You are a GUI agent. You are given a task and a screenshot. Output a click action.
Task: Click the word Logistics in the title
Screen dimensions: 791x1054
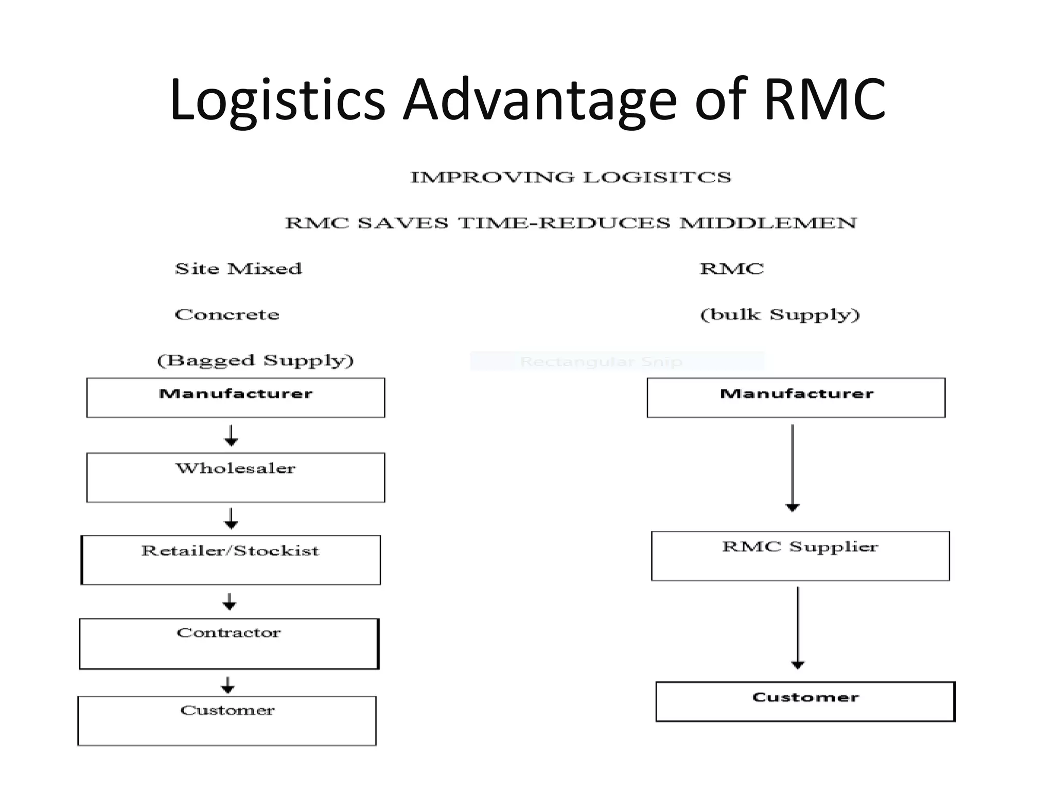point(277,100)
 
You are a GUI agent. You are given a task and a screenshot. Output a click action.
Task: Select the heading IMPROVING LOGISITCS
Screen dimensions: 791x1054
point(570,177)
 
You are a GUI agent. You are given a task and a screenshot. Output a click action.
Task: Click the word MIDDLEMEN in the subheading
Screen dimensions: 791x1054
point(768,223)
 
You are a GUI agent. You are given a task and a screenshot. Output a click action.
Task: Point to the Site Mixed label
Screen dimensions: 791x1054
point(238,269)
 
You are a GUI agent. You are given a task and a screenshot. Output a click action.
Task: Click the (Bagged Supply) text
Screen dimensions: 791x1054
point(255,360)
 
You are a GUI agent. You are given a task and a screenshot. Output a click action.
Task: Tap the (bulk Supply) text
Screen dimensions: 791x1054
point(779,314)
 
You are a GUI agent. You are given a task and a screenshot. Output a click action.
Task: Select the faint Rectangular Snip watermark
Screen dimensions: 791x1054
point(601,362)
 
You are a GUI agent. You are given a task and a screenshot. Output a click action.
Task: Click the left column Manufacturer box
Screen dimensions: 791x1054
point(236,398)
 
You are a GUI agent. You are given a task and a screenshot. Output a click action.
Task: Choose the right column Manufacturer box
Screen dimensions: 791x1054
point(796,398)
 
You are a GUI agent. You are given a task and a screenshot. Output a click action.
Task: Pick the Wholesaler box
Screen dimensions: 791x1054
point(236,477)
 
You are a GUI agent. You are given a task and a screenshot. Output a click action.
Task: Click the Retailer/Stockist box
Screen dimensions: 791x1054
point(231,560)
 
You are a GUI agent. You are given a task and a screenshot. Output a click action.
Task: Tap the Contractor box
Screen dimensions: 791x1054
point(229,644)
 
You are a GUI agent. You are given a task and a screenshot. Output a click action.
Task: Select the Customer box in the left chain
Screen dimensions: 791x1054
point(227,720)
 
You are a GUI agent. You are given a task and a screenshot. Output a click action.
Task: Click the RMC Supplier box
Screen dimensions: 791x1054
point(800,556)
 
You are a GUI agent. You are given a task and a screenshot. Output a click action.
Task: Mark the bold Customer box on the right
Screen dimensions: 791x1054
point(805,701)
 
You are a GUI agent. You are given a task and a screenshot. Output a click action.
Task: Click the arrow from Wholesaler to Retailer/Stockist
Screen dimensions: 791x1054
point(231,519)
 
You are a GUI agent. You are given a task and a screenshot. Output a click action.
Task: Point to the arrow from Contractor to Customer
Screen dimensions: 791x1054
point(227,685)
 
